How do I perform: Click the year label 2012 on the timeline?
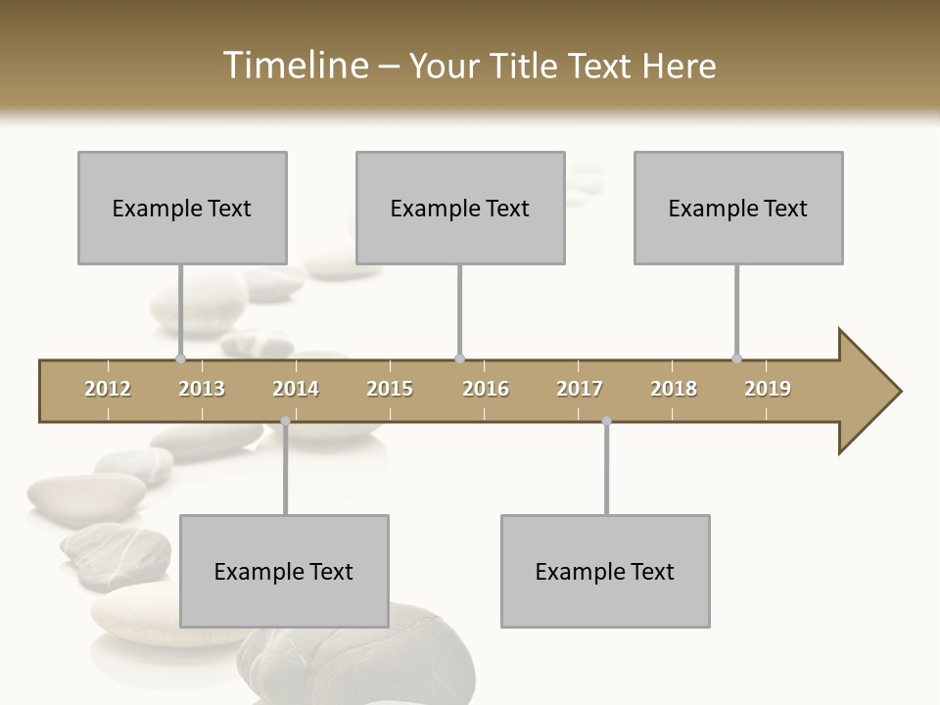(x=108, y=389)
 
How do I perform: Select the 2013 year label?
(x=202, y=389)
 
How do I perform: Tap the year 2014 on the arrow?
(x=296, y=389)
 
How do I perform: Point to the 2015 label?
(x=390, y=389)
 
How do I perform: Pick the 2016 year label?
(x=486, y=389)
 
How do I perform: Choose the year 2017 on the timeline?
(x=580, y=389)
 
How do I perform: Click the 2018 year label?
(x=674, y=389)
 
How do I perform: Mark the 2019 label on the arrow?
(x=768, y=389)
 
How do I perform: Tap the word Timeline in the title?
(x=293, y=66)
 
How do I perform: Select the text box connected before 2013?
(x=182, y=208)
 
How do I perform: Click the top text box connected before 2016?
(x=460, y=208)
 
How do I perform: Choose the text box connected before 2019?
(x=738, y=208)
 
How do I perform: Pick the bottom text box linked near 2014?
(x=284, y=571)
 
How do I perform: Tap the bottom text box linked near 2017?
(x=605, y=571)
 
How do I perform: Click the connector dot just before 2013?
(x=180, y=358)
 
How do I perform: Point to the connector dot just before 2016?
(x=459, y=358)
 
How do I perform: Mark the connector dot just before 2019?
(x=736, y=358)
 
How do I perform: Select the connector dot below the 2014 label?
(x=285, y=421)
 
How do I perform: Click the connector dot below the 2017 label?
(x=606, y=421)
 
